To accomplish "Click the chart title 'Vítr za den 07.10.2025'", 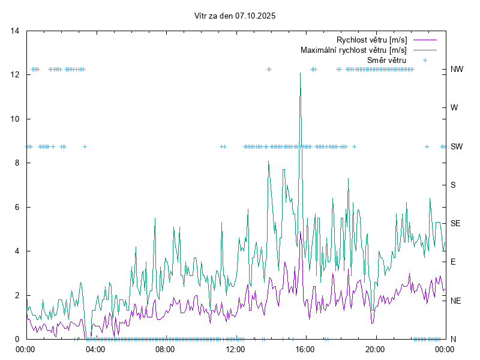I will pyautogui.click(x=235, y=16).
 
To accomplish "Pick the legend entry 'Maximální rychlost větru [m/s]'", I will pyautogui.click(x=353, y=50).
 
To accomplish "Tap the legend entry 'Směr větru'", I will pyautogui.click(x=386, y=60).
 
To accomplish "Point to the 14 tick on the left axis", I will pyautogui.click(x=15, y=31).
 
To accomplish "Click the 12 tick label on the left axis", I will pyautogui.click(x=15, y=74).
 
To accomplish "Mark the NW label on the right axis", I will pyautogui.click(x=457, y=69).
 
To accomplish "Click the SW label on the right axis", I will pyautogui.click(x=457, y=146).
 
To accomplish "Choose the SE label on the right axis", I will pyautogui.click(x=455, y=223).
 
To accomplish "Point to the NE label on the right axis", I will pyautogui.click(x=456, y=300).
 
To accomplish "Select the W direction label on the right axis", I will pyautogui.click(x=454, y=108).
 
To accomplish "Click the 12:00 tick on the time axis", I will pyautogui.click(x=235, y=349).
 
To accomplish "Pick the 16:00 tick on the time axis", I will pyautogui.click(x=305, y=349).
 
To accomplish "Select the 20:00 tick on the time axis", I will pyautogui.click(x=375, y=349).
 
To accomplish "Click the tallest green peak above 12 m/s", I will pyautogui.click(x=300, y=73).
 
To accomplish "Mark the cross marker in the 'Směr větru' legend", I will pyautogui.click(x=425, y=60).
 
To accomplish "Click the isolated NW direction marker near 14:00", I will pyautogui.click(x=269, y=69).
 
